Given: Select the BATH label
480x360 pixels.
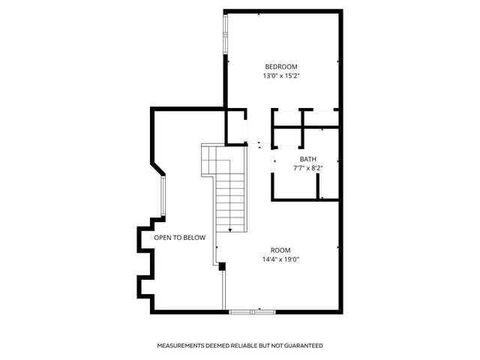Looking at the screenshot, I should coord(307,159).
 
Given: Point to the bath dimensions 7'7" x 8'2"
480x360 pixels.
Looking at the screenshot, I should coord(307,168).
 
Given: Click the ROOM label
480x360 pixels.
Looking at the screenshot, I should coord(280,250).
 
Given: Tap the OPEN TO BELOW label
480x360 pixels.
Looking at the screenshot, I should coord(179,238).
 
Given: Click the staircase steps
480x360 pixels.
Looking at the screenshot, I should coord(229,202).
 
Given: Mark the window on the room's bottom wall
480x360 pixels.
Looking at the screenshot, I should coord(250,310).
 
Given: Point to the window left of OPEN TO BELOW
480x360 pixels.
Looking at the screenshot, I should coord(163,197).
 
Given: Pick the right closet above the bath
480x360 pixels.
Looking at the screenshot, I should coord(319,118).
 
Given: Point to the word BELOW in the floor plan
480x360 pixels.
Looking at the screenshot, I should coord(193,238).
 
